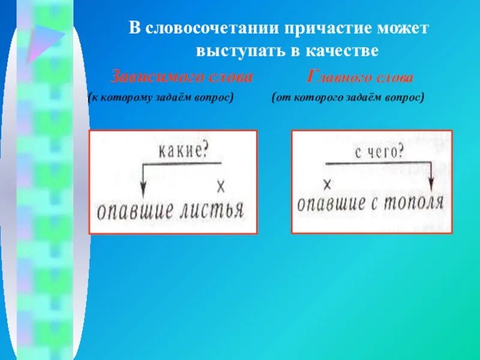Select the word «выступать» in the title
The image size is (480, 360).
(x=236, y=51)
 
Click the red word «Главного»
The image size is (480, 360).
(x=337, y=77)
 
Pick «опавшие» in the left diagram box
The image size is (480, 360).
(x=131, y=212)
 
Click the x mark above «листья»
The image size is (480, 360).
(x=220, y=187)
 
